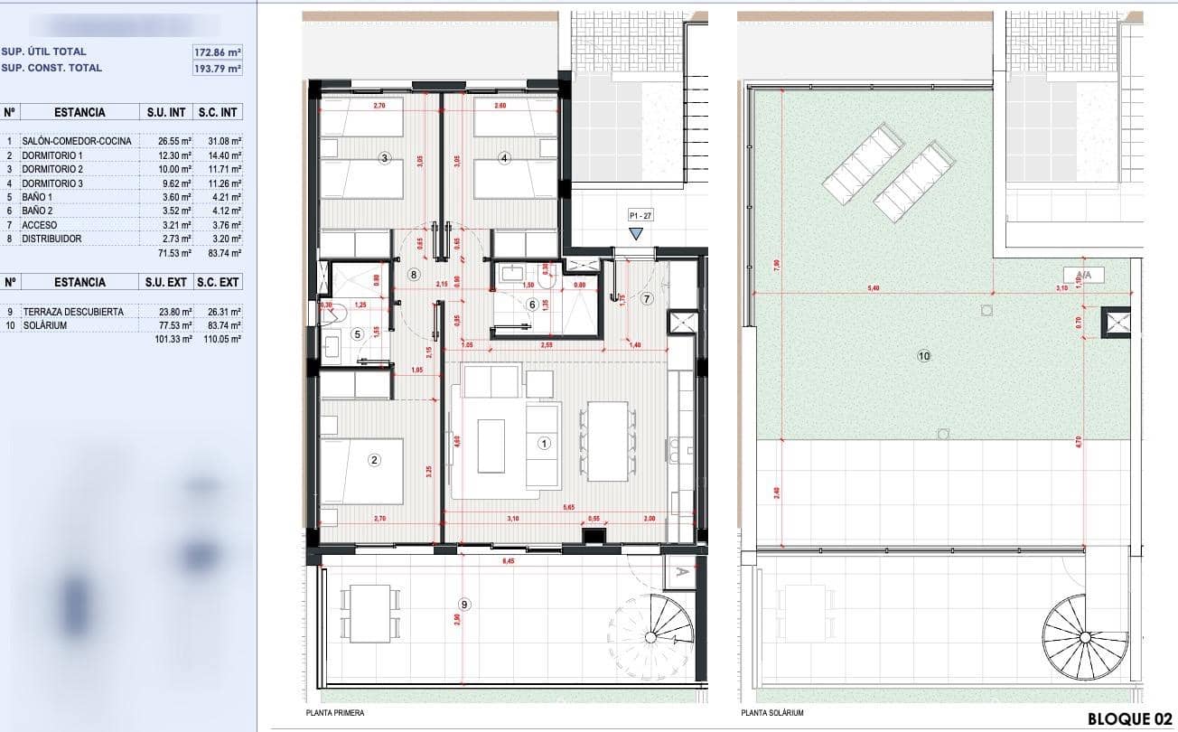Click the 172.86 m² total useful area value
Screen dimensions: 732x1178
[x=218, y=52]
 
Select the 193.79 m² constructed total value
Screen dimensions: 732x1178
[x=218, y=68]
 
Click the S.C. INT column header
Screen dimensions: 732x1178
[x=218, y=113]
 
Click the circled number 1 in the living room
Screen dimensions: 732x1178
[x=544, y=443]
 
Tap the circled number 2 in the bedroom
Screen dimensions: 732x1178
[x=375, y=460]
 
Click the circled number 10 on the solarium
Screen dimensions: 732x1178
[x=923, y=357]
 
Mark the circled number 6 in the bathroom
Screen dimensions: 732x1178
[x=532, y=305]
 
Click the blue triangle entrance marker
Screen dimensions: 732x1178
[x=637, y=233]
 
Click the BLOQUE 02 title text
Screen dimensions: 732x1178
[x=1129, y=719]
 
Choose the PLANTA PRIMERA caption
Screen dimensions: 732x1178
[x=335, y=713]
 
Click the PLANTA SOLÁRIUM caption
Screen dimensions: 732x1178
[x=772, y=713]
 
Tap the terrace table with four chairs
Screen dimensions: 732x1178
[x=369, y=612]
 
